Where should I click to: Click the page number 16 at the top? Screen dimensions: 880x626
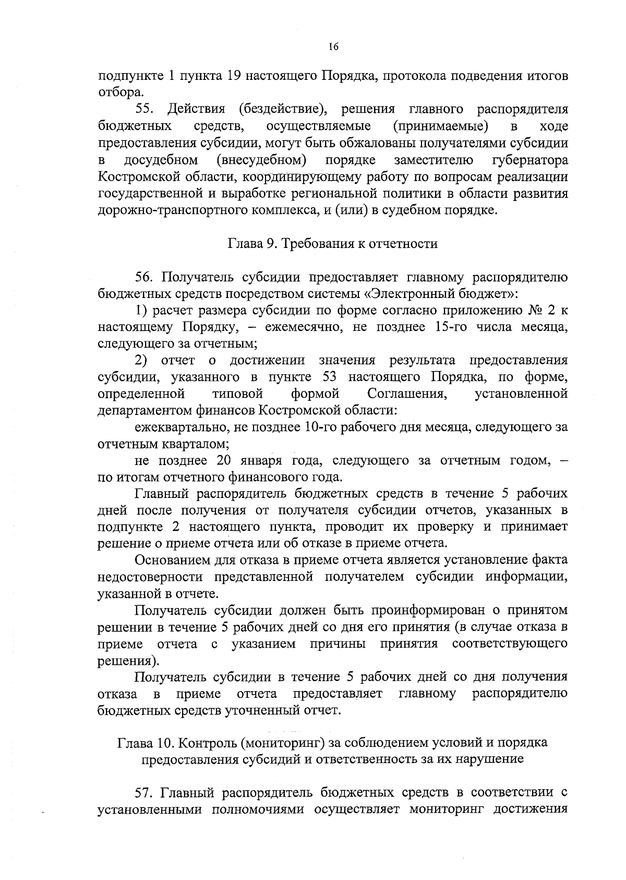tap(334, 47)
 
